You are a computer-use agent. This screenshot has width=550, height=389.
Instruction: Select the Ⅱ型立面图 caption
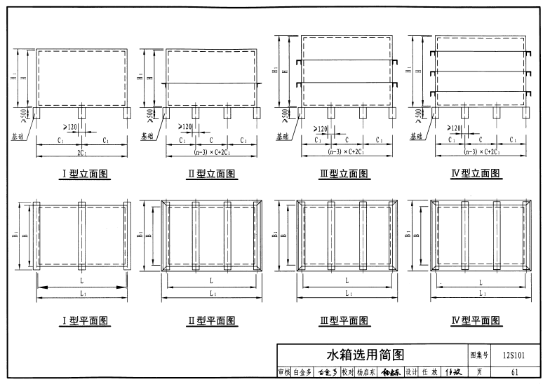click(x=210, y=174)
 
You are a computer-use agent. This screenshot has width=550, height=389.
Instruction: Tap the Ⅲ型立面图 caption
click(x=344, y=174)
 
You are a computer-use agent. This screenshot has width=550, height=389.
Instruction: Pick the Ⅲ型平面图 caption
click(x=344, y=321)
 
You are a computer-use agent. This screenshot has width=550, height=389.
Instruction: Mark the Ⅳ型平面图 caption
click(x=476, y=321)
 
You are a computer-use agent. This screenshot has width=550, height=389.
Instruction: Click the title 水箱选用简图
click(x=365, y=355)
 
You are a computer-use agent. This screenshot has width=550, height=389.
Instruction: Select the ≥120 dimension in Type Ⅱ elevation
click(x=186, y=127)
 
